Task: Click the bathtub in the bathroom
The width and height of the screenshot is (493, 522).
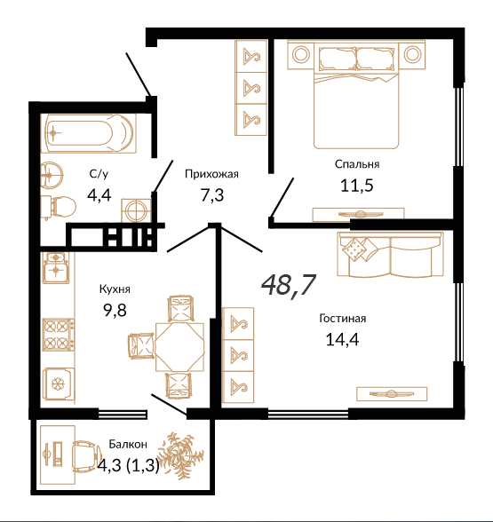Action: (88, 133)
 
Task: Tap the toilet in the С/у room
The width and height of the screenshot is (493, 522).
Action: (59, 207)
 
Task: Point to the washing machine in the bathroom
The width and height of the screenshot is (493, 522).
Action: (136, 210)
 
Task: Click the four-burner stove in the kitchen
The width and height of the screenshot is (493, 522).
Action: (59, 335)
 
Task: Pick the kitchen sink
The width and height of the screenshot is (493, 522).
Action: (56, 268)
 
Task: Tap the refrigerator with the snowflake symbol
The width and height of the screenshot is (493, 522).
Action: (59, 384)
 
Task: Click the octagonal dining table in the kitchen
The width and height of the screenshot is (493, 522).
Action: (179, 346)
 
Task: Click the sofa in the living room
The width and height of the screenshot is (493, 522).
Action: (390, 254)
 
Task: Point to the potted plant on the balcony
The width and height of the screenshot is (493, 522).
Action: (176, 455)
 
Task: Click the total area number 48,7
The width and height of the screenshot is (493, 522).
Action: (289, 285)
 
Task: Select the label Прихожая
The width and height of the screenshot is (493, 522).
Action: (211, 174)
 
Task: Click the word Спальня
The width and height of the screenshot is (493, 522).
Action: (357, 164)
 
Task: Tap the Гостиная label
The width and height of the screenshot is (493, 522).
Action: (343, 318)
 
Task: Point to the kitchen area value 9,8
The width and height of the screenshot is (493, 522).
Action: (115, 311)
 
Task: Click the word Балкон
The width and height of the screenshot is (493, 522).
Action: (128, 444)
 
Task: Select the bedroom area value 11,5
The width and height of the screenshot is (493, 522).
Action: (357, 185)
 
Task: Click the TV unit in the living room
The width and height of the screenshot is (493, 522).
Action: (392, 394)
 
